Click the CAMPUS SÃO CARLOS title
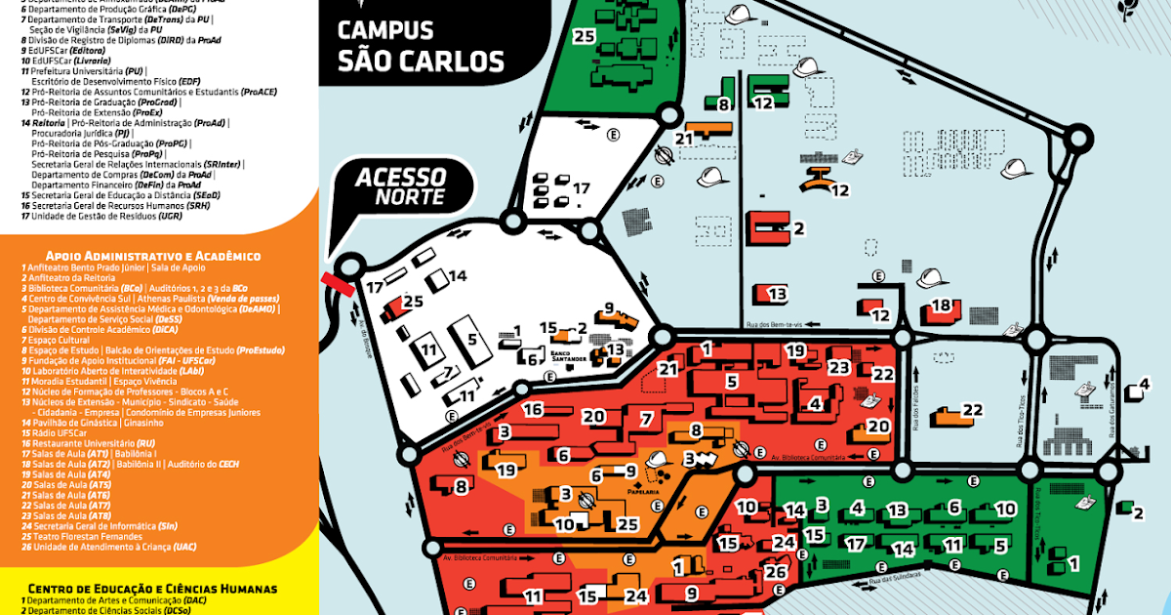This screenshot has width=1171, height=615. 420,46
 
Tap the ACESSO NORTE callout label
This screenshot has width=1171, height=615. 400,186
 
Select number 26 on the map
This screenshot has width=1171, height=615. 776,573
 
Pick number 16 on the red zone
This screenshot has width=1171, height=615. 532,409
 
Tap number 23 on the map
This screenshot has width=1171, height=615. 839,368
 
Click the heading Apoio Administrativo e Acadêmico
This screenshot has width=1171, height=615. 143,256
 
